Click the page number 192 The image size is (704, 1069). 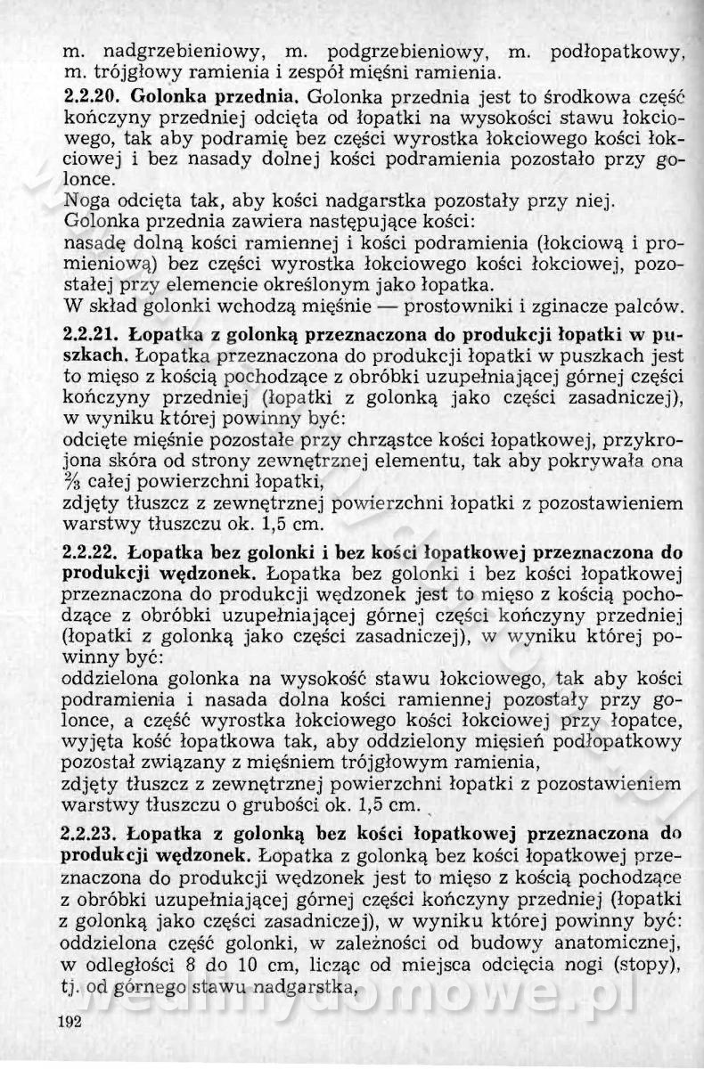(69, 1022)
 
